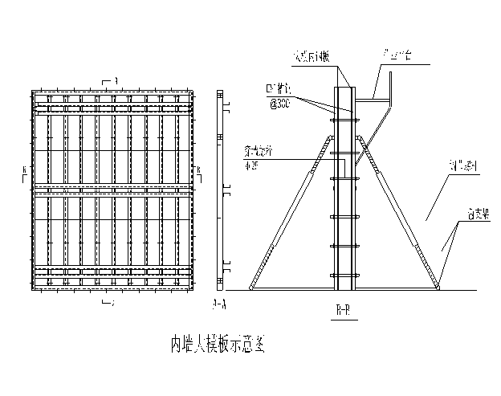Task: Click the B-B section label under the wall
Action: pyautogui.click(x=343, y=308)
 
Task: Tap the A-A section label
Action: pyautogui.click(x=218, y=304)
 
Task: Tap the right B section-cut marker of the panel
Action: pyautogui.click(x=198, y=170)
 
